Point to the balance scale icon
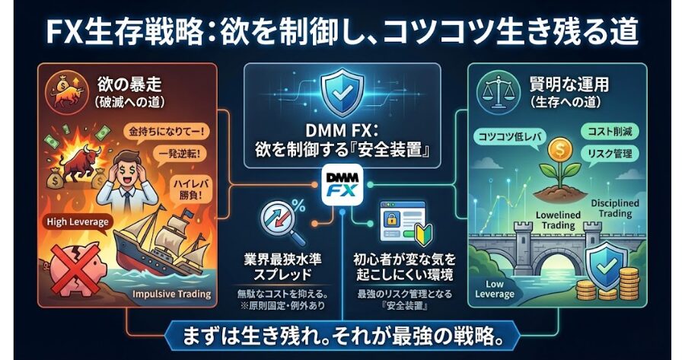[x=495, y=90]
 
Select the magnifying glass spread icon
[x=277, y=221]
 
